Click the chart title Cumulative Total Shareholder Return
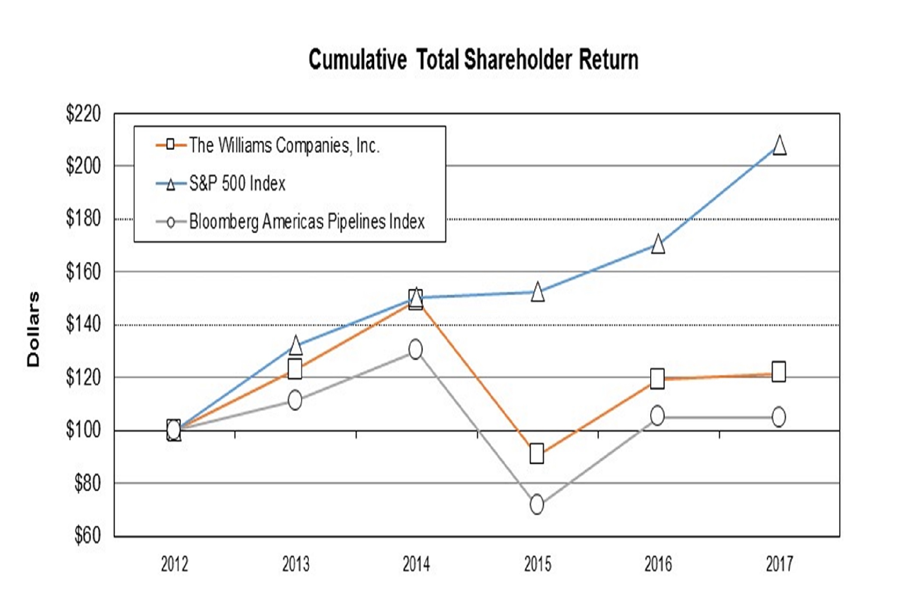pos(473,60)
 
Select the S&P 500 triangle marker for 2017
pos(779,145)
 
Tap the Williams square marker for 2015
pos(537,454)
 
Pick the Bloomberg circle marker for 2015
pos(537,504)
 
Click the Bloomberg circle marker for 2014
pos(415,349)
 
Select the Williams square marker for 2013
pos(295,369)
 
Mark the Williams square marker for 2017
pos(779,372)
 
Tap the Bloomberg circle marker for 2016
pos(657,415)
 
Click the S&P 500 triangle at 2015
pos(537,292)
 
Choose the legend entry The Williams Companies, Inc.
pos(284,145)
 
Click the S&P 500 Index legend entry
pos(237,184)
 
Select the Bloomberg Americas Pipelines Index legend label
pos(307,222)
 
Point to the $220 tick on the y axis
pos(83,114)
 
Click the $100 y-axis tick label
pos(83,430)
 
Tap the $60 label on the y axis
pos(87,535)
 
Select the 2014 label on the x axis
pos(416,564)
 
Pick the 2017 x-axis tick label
pos(779,564)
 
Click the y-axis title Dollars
pos(33,329)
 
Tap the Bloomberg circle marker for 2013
pos(295,400)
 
